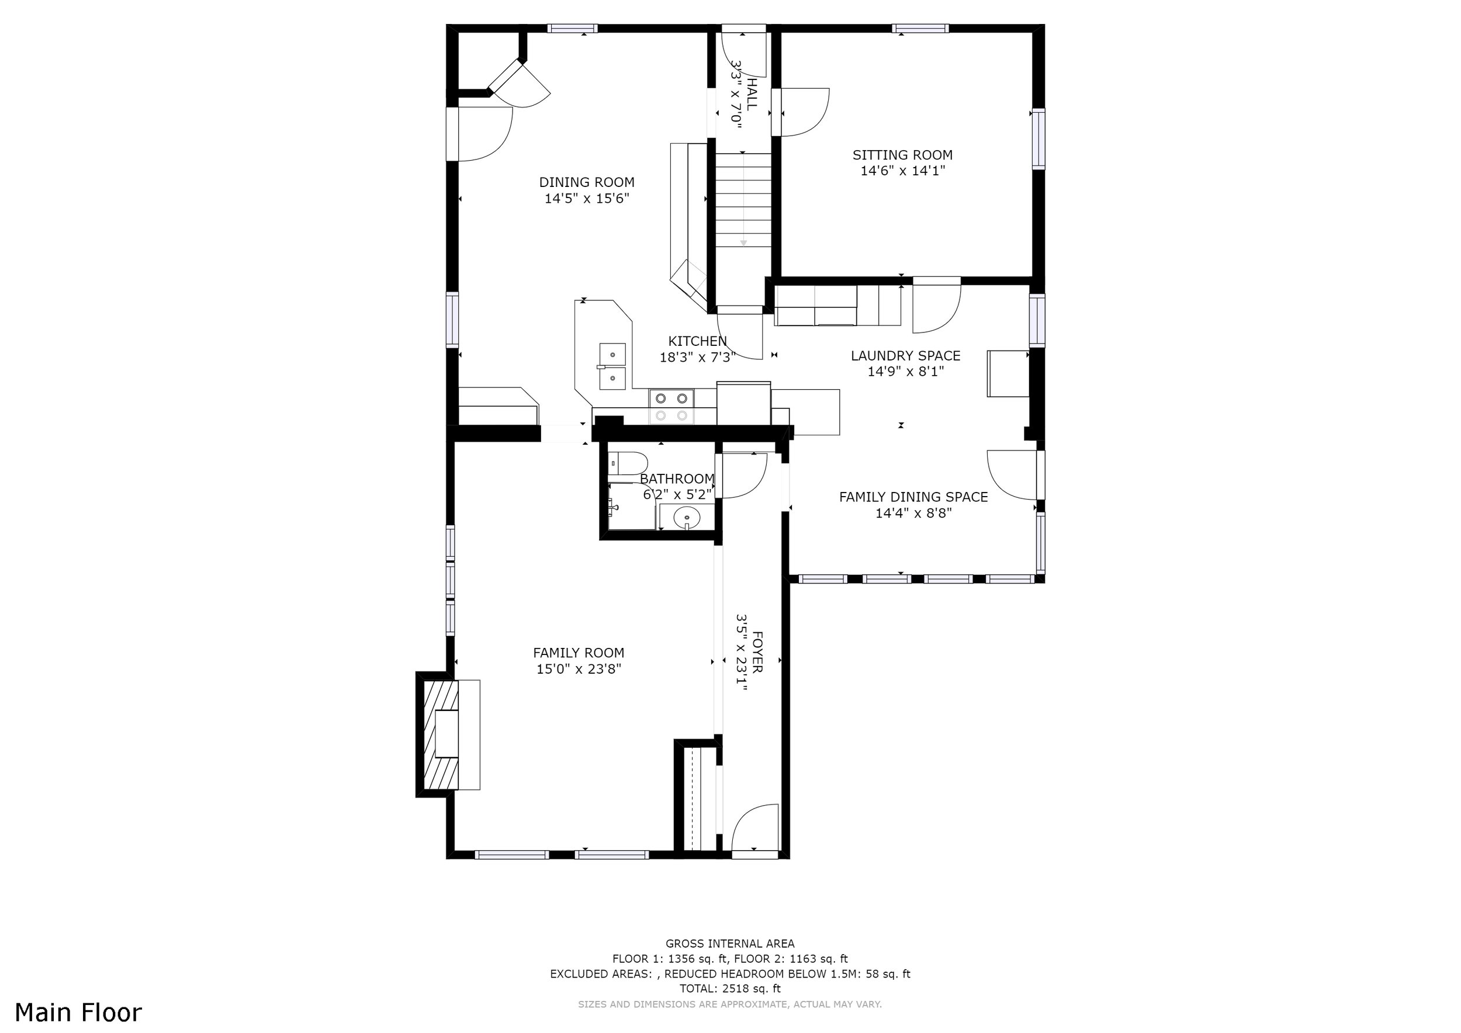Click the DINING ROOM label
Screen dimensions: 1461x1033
tap(587, 182)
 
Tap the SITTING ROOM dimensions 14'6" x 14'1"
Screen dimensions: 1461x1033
tap(902, 171)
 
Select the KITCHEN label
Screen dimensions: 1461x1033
tap(697, 342)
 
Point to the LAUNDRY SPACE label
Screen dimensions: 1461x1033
tap(905, 356)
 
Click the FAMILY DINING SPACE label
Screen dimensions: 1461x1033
tap(913, 497)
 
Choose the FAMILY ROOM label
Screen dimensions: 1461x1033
tap(579, 653)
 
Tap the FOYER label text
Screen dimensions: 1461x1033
tap(757, 652)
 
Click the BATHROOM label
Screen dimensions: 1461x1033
tap(677, 479)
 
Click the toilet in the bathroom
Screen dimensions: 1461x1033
tap(628, 464)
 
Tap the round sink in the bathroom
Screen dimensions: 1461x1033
tap(687, 517)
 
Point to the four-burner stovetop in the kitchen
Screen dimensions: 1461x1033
tap(672, 407)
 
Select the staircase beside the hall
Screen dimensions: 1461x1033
tap(743, 200)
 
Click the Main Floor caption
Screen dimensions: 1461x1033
tap(78, 1012)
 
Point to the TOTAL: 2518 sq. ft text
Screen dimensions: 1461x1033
tap(730, 989)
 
